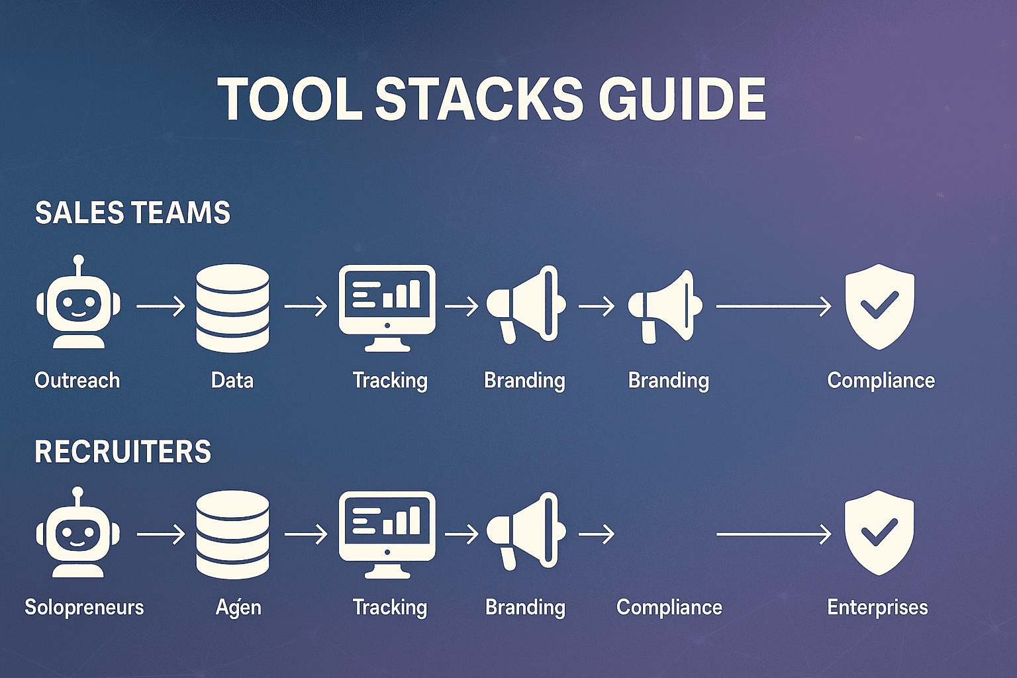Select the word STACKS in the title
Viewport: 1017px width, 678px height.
click(x=479, y=99)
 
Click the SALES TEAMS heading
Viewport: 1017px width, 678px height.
click(x=132, y=213)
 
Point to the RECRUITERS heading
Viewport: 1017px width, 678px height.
click(x=122, y=452)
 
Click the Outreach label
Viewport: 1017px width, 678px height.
click(x=77, y=381)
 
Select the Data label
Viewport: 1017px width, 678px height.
click(x=232, y=381)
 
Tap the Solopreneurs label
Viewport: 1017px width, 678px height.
click(x=84, y=607)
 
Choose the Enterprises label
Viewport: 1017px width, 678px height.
click(x=877, y=607)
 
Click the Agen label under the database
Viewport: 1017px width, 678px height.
click(x=238, y=607)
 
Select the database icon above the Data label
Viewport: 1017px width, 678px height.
click(x=232, y=307)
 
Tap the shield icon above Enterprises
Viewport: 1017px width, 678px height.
click(x=879, y=532)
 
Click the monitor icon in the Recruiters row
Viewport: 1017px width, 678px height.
click(x=387, y=532)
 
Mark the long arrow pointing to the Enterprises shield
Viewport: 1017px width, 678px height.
click(x=773, y=534)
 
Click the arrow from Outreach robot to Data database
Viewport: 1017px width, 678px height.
click(x=161, y=307)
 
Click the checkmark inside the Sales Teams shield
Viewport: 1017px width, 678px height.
click(x=879, y=305)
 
